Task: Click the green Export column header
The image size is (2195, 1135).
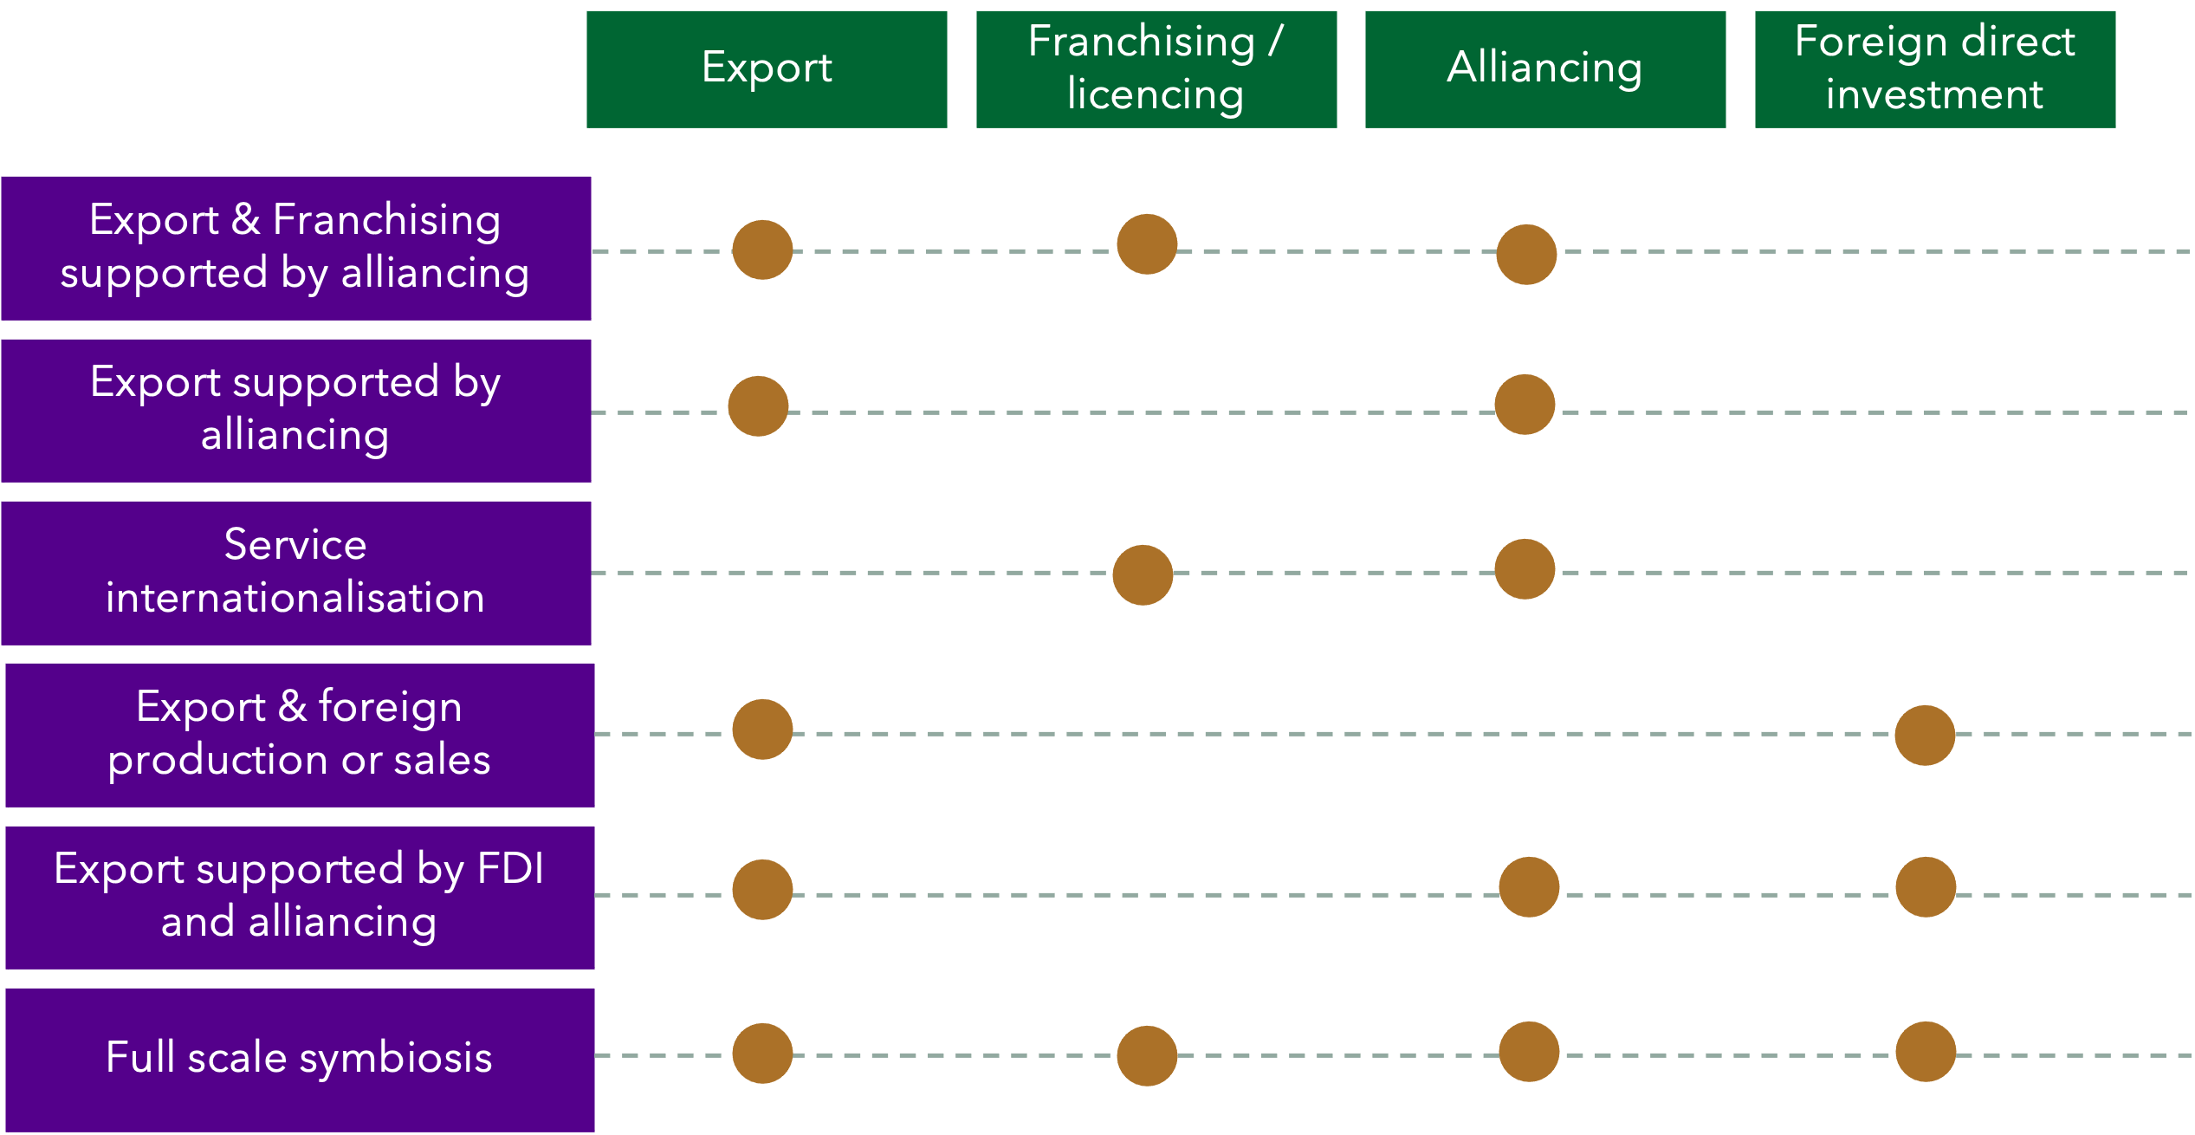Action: pyautogui.click(x=767, y=69)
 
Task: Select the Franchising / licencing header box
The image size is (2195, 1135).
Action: pyautogui.click(x=1156, y=69)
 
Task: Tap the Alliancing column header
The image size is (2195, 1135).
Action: pyautogui.click(x=1544, y=69)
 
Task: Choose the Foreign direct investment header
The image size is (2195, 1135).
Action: pyautogui.click(x=1934, y=69)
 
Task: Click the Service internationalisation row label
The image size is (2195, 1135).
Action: pyautogui.click(x=296, y=573)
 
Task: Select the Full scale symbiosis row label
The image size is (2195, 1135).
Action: pyautogui.click(x=300, y=1059)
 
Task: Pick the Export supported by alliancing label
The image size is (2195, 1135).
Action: pyautogui.click(x=296, y=410)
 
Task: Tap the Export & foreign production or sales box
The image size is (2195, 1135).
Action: pyautogui.click(x=300, y=735)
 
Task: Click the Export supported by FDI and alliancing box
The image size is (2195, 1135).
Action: pyautogui.click(x=300, y=897)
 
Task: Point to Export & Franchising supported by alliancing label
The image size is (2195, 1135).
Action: pyautogui.click(x=296, y=248)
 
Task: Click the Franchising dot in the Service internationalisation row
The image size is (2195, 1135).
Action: pyautogui.click(x=1143, y=574)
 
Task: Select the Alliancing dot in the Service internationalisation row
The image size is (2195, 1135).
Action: pyautogui.click(x=1525, y=569)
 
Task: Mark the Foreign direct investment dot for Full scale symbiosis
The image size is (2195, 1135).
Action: pyautogui.click(x=1926, y=1052)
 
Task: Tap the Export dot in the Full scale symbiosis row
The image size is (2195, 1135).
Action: pyautogui.click(x=762, y=1054)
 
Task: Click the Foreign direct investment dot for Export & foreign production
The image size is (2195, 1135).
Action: pyautogui.click(x=1925, y=736)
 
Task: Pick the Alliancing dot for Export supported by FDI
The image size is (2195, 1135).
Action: pyautogui.click(x=1529, y=887)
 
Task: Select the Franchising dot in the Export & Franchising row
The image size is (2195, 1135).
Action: pyautogui.click(x=1147, y=244)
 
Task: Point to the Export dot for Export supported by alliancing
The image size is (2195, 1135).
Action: pyautogui.click(x=758, y=406)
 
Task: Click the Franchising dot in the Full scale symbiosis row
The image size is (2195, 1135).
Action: pyautogui.click(x=1147, y=1056)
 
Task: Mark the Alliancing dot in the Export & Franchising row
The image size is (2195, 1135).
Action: pyautogui.click(x=1526, y=255)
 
